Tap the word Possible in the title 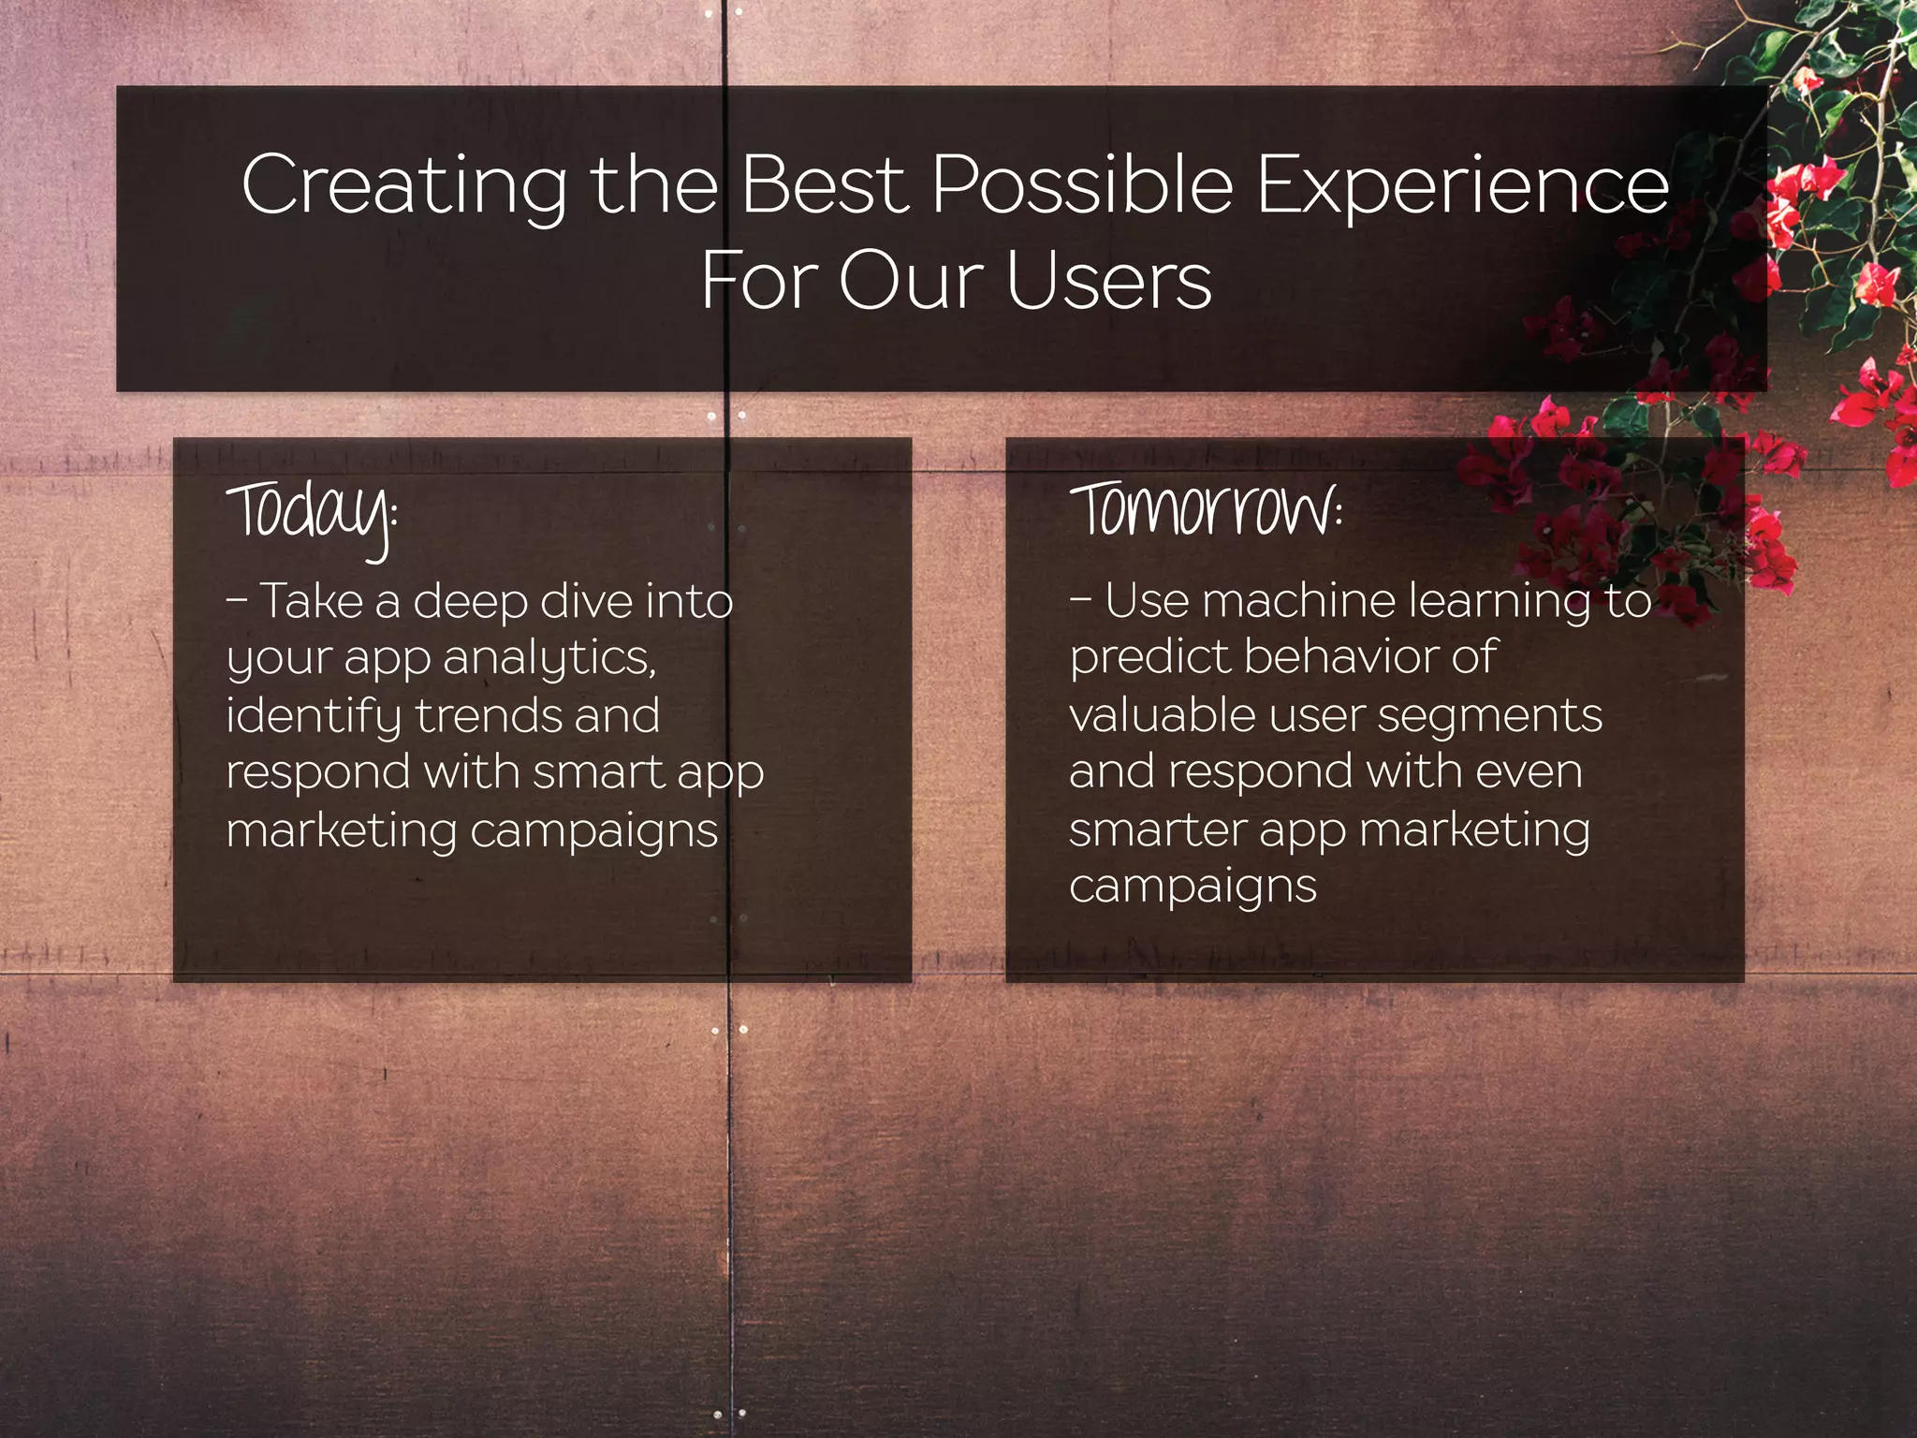(x=1082, y=184)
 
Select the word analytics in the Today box (x=550, y=657)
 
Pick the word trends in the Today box (x=487, y=716)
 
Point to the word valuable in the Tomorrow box (x=1161, y=715)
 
